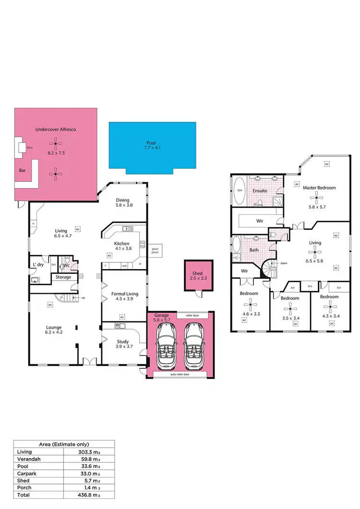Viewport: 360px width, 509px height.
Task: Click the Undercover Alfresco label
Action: coord(56,130)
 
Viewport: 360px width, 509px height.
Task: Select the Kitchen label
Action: coord(121,244)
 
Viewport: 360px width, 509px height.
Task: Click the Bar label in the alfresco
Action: coord(22,170)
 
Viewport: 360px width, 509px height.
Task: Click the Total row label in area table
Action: coord(23,495)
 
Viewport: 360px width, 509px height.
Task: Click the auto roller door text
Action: coord(180,374)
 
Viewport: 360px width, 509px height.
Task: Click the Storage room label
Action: coord(63,277)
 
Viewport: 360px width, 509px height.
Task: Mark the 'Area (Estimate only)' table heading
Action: coord(63,444)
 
